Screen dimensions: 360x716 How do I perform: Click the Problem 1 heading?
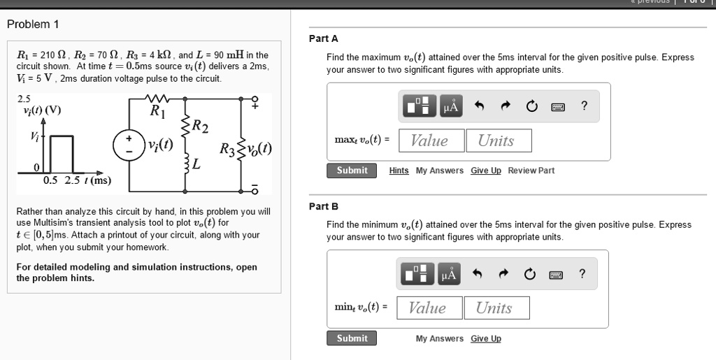tap(33, 24)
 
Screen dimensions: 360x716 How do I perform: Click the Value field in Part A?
tap(430, 141)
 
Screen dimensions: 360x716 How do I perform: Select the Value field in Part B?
tap(428, 308)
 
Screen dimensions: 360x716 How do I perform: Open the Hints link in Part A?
tap(399, 171)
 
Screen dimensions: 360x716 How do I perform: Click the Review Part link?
tap(531, 171)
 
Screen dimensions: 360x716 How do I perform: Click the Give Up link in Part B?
tap(486, 338)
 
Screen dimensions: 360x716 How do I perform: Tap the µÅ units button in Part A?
tap(451, 106)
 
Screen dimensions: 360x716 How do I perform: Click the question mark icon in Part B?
tap(582, 274)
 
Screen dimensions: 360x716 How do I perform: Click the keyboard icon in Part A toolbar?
tap(558, 107)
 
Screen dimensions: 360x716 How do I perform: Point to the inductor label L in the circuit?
tap(196, 166)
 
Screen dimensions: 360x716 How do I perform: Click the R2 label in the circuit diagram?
tap(200, 126)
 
